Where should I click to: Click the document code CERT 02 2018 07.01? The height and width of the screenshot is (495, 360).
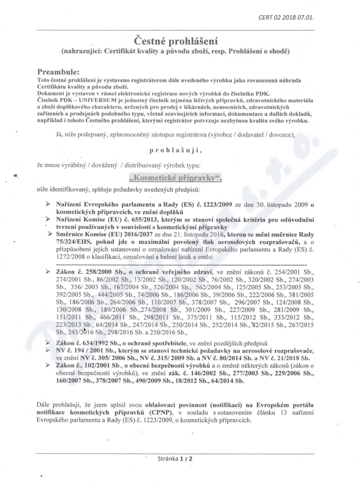[286, 17]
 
